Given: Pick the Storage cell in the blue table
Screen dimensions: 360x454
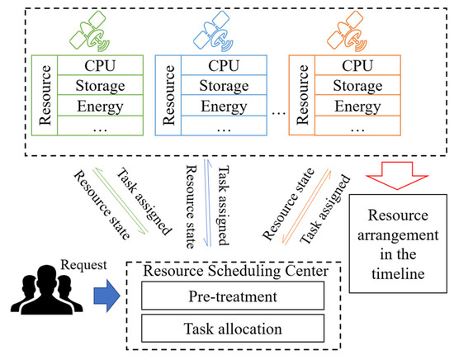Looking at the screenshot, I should [233, 85].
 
